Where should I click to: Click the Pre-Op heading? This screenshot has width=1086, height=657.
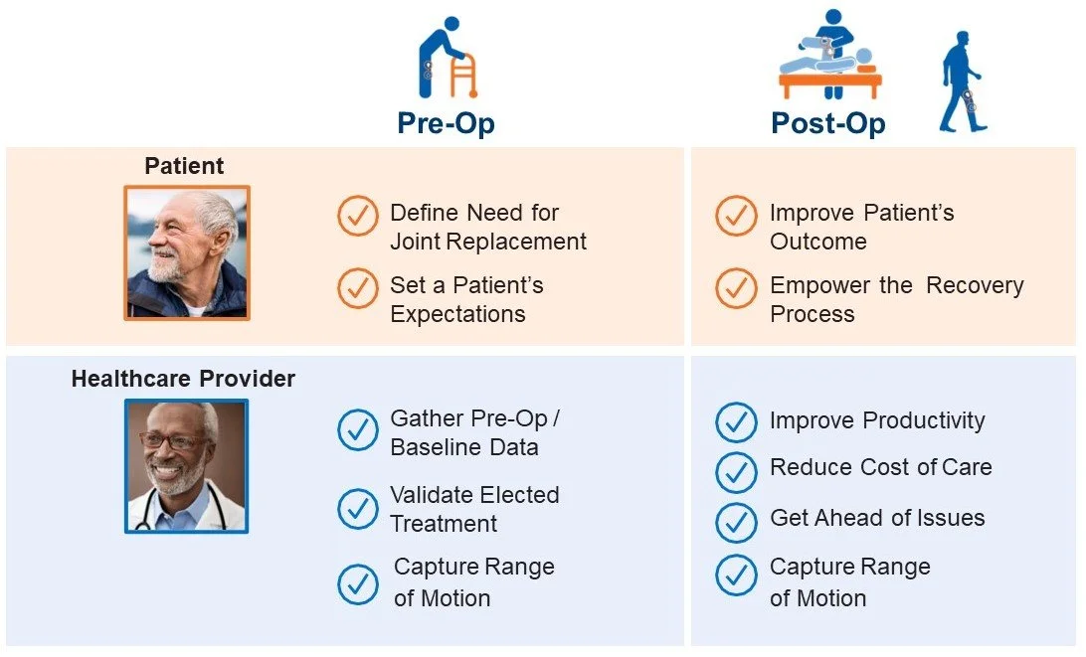tap(446, 123)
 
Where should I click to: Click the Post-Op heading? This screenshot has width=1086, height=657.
tap(827, 123)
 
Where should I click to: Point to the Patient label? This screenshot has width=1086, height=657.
tap(184, 166)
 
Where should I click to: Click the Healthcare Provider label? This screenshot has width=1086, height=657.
tap(183, 379)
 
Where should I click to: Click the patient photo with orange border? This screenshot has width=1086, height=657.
tap(187, 253)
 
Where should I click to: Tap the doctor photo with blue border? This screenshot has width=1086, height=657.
tap(186, 466)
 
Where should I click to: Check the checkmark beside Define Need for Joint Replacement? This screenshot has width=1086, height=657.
tap(357, 216)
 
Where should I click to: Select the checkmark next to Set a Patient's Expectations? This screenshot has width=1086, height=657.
tap(357, 288)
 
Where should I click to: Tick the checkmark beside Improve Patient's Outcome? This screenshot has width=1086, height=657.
tap(736, 216)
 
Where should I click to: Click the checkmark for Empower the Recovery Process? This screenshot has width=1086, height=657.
tap(736, 288)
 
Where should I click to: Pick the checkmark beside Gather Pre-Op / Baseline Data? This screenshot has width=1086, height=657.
tap(357, 430)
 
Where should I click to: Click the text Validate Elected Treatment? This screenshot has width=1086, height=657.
tap(473, 509)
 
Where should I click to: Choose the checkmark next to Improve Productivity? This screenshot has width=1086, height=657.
tap(736, 422)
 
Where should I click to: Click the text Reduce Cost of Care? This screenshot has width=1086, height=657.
tap(880, 467)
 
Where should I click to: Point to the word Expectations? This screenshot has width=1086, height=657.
tap(458, 314)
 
